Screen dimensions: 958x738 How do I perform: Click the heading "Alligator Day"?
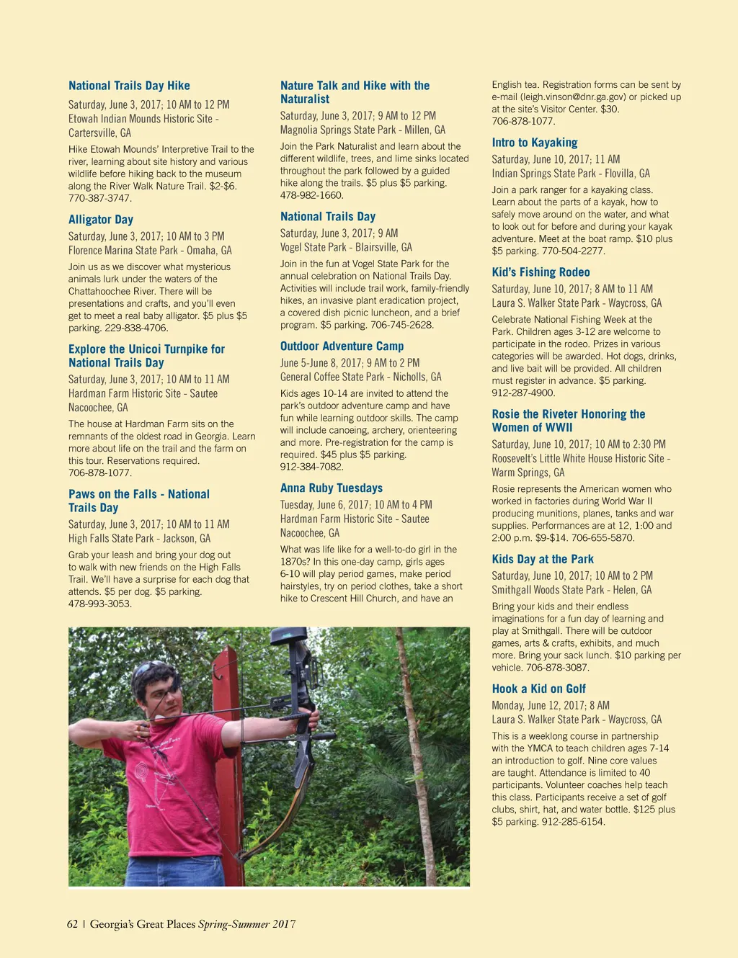pyautogui.click(x=101, y=220)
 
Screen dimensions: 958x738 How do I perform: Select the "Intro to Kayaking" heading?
pyautogui.click(x=535, y=143)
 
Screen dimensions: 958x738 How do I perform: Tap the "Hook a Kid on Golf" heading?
pyautogui.click(x=538, y=689)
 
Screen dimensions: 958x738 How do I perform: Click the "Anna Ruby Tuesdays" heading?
pyautogui.click(x=332, y=488)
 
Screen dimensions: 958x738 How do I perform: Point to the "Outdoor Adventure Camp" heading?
pyautogui.click(x=342, y=346)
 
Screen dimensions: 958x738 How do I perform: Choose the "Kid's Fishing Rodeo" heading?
pyautogui.click(x=541, y=272)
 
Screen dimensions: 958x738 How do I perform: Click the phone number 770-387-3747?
pyautogui.click(x=100, y=198)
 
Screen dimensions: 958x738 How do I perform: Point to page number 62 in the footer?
pyautogui.click(x=72, y=924)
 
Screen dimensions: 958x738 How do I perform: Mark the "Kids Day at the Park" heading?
pyautogui.click(x=543, y=559)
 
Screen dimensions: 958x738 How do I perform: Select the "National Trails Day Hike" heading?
pyautogui.click(x=129, y=86)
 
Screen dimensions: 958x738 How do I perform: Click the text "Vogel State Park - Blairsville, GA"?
pyautogui.click(x=346, y=247)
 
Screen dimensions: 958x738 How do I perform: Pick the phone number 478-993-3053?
pyautogui.click(x=100, y=604)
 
